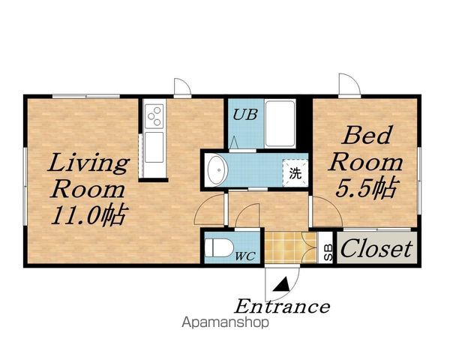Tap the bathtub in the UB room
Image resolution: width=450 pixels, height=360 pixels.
(x=280, y=124)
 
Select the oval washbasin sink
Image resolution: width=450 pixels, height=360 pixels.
(x=217, y=170)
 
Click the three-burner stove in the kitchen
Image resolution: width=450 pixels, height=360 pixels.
(x=154, y=116)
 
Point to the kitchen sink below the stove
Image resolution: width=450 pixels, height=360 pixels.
(x=154, y=147)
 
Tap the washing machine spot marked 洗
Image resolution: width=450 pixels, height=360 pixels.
(x=295, y=173)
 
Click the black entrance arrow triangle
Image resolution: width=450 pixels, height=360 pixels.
(x=281, y=284)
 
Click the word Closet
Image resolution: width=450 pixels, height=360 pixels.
(x=376, y=248)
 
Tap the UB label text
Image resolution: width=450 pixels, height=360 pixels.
(x=244, y=115)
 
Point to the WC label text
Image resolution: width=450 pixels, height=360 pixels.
(x=245, y=256)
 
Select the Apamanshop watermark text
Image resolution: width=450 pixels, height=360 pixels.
(x=225, y=322)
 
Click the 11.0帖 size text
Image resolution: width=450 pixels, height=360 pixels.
(x=89, y=215)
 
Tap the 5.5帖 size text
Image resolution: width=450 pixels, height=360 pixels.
(x=367, y=188)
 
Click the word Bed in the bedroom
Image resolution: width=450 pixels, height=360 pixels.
(x=367, y=135)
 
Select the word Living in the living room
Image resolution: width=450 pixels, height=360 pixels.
(x=88, y=163)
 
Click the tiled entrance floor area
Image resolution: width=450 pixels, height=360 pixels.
(x=290, y=247)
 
